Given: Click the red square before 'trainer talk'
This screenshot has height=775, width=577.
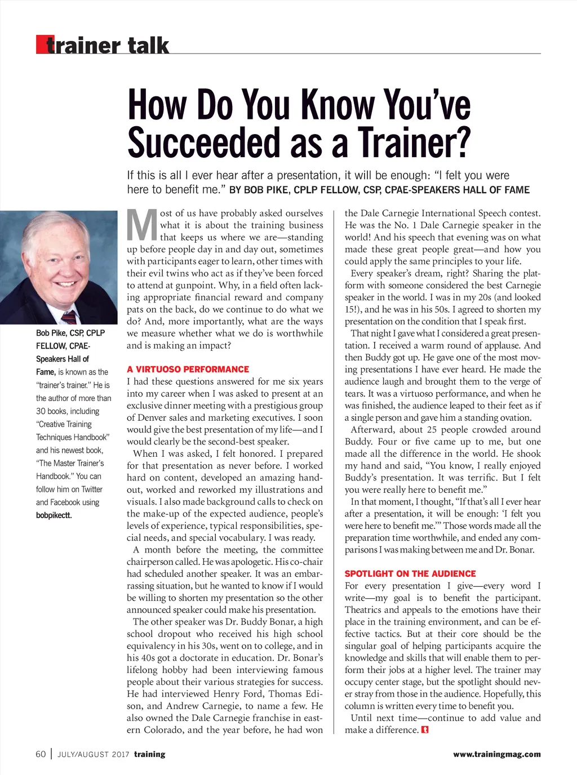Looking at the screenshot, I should tap(42, 44).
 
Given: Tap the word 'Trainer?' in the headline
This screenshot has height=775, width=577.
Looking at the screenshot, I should tap(414, 142).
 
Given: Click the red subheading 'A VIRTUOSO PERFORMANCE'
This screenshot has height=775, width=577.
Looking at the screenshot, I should tap(188, 369).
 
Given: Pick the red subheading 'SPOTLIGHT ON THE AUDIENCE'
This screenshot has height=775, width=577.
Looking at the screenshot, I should tap(410, 574).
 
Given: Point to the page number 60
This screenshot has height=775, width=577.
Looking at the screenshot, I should tap(41, 754).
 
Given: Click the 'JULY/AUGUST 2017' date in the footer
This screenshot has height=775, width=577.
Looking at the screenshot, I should tap(94, 755).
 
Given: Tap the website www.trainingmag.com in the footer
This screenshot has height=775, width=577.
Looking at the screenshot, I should tap(496, 755).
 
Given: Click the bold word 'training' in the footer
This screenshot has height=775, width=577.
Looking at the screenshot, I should tap(150, 755).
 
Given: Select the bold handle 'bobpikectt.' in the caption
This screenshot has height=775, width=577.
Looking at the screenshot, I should tap(54, 515).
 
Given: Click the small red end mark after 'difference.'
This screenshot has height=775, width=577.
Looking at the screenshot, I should tap(425, 731).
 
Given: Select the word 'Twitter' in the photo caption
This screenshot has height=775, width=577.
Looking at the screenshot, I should tap(92, 489).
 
